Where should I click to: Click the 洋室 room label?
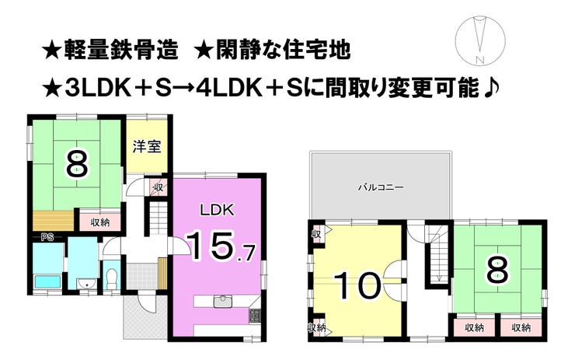pyautogui.click(x=146, y=145)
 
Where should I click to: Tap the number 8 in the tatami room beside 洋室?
pyautogui.click(x=76, y=164)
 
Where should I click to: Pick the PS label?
pyautogui.click(x=46, y=236)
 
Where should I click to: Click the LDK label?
pyautogui.click(x=217, y=210)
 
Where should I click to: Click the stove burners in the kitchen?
pyautogui.click(x=254, y=316)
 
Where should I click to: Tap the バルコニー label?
pyautogui.click(x=379, y=187)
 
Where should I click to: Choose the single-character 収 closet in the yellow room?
pyautogui.click(x=317, y=234)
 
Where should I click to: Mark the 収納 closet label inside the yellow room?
pyautogui.click(x=317, y=328)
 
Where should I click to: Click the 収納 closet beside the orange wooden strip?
pyautogui.click(x=99, y=222)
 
